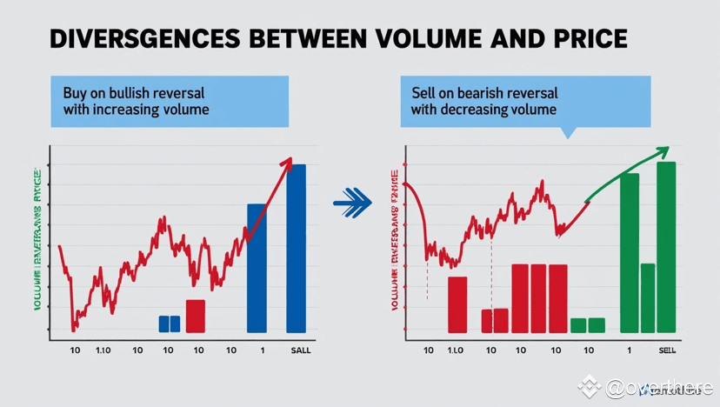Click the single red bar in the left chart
point(196,316)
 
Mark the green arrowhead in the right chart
point(663,150)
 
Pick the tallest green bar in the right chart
point(666,247)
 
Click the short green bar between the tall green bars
point(647,297)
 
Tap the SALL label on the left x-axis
point(298,350)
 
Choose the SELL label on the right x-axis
point(667,350)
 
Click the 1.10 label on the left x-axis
point(103,350)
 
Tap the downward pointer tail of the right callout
point(570,132)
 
